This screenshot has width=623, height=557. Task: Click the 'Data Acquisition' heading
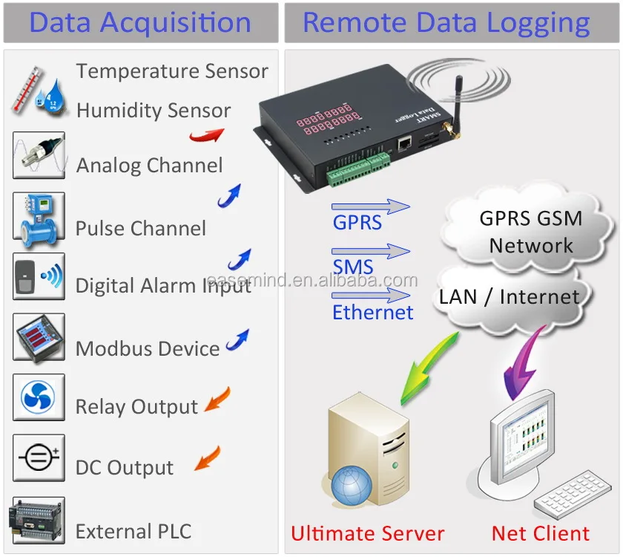pos(140,23)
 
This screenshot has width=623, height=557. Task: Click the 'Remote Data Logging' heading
pos(446,23)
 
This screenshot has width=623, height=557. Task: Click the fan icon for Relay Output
pos(39,397)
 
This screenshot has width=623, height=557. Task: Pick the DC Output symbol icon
pos(39,458)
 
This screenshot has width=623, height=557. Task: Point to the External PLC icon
pos(37,520)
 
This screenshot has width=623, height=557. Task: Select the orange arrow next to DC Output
pos(208,458)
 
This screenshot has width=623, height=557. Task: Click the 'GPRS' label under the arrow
pos(357,223)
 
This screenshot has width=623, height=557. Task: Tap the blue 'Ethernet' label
pos(372,312)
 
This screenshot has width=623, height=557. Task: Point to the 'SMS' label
pos(352,267)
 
